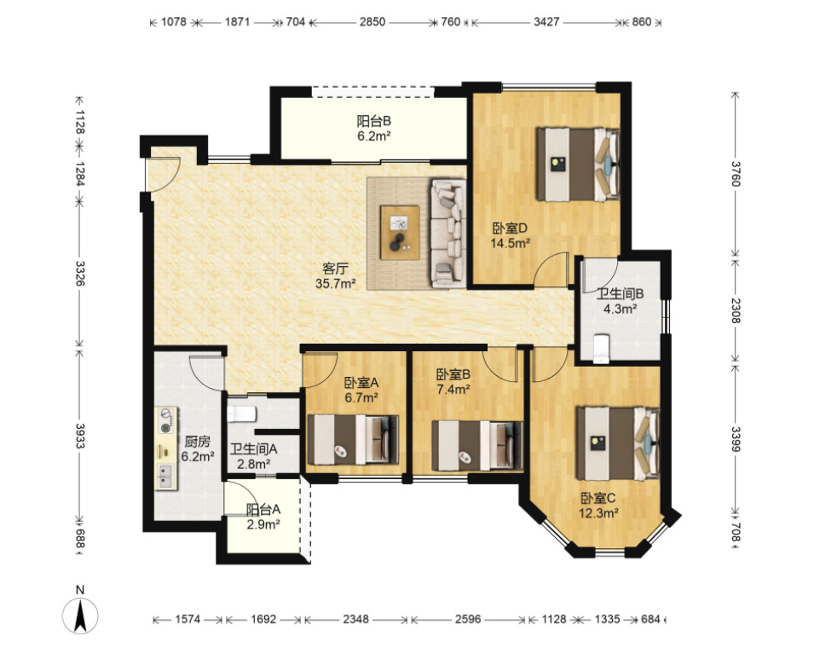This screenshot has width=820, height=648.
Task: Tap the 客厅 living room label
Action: coord(335,269)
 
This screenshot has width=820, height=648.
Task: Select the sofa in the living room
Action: coord(448,234)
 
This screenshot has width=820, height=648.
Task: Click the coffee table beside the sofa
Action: coord(400,233)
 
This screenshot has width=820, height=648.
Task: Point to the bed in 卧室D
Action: coord(578,165)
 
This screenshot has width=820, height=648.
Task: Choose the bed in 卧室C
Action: coord(618,444)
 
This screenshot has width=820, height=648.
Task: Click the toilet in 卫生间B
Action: coord(602,349)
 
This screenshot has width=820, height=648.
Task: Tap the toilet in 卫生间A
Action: coord(241,414)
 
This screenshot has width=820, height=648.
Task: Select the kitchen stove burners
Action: coord(166,420)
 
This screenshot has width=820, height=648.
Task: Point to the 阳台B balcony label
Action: coord(374,121)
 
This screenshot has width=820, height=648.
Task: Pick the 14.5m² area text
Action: coord(511,243)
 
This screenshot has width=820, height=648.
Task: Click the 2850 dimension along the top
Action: coord(372,22)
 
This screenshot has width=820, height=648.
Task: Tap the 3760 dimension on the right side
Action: coord(736,174)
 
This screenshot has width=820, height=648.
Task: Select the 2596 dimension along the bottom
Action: coord(467,619)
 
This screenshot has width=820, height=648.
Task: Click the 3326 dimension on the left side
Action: coord(80,274)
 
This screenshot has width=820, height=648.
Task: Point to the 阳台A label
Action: coord(263,509)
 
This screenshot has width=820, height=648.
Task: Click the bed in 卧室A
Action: coord(354,439)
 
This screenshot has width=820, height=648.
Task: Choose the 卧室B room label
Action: coord(453,374)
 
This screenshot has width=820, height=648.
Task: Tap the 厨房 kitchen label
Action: coord(197,442)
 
